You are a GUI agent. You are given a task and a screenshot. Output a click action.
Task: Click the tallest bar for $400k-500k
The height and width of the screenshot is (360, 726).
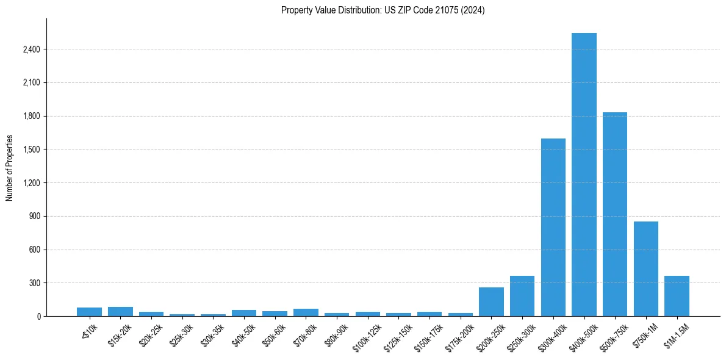(584, 175)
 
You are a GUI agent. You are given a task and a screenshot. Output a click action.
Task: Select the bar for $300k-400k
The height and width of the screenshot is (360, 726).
(553, 227)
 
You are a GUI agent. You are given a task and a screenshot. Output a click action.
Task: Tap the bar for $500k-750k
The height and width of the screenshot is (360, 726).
(615, 214)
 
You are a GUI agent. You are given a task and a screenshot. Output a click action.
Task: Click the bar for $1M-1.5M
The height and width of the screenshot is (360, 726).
(677, 296)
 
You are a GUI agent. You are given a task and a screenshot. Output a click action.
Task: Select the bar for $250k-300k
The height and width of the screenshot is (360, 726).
(522, 296)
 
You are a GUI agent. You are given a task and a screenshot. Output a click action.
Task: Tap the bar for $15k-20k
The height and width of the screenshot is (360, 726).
(120, 311)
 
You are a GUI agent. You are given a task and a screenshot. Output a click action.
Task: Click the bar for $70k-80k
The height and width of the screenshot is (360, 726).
(306, 312)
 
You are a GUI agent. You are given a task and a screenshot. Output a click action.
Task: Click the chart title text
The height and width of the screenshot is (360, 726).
(383, 10)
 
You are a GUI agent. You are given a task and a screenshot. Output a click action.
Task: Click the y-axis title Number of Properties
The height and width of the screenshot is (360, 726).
(10, 167)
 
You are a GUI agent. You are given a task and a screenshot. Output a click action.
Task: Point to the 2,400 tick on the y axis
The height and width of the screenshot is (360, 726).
(31, 49)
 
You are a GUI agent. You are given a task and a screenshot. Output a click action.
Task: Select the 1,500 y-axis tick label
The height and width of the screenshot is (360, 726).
(31, 149)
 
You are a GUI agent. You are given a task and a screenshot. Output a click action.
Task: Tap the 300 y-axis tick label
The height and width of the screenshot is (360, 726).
(34, 283)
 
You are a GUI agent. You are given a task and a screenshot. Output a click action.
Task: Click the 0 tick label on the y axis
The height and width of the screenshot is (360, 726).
(38, 317)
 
